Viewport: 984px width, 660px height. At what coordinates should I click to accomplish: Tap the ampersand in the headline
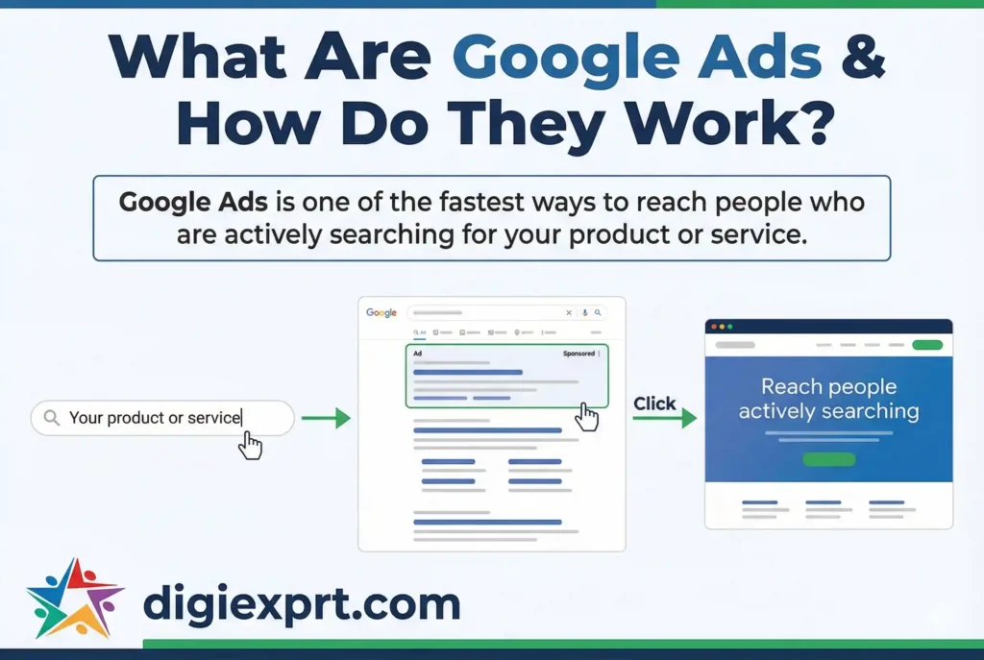[859, 59]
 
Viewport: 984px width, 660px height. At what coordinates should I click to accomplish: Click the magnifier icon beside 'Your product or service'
[51, 418]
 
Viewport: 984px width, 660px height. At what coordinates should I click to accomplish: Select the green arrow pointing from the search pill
[326, 418]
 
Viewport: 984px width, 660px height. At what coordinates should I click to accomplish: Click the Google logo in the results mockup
[381, 313]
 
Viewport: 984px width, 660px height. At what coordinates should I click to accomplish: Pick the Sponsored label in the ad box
[578, 354]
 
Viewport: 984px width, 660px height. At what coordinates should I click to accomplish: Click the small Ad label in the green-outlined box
[417, 354]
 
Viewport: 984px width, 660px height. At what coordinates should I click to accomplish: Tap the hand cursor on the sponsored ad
[586, 417]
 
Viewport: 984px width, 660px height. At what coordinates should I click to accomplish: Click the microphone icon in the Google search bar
[583, 313]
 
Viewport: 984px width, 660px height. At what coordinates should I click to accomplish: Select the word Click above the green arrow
[654, 403]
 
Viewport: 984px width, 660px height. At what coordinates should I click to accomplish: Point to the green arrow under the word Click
[675, 419]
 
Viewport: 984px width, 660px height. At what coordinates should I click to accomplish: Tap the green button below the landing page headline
[828, 459]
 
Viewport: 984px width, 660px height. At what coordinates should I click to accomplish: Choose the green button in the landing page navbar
[926, 345]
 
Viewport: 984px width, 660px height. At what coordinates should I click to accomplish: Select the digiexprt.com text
[301, 603]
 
